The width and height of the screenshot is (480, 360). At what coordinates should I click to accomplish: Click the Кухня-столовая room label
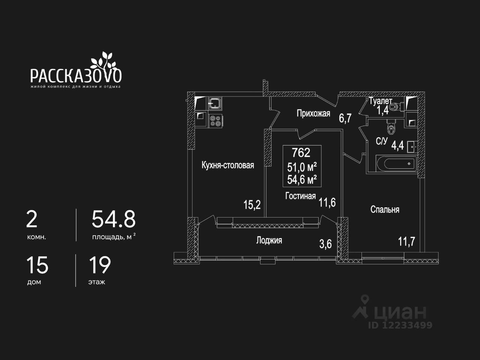pyautogui.click(x=228, y=165)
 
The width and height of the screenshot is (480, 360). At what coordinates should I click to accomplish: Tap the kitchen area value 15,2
pyautogui.click(x=252, y=205)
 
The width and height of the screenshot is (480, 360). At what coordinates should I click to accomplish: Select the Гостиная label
pyautogui.click(x=300, y=196)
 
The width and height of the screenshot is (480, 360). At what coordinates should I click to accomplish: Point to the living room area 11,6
pyautogui.click(x=327, y=203)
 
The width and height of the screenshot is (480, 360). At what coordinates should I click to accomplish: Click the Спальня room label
pyautogui.click(x=385, y=209)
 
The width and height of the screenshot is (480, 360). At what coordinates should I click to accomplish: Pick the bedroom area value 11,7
pyautogui.click(x=406, y=241)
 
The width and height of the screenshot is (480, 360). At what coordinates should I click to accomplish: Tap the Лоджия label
pyautogui.click(x=269, y=240)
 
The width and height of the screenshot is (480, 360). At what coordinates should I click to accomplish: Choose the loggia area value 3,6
pyautogui.click(x=325, y=244)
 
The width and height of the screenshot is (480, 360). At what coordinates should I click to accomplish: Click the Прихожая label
pyautogui.click(x=313, y=113)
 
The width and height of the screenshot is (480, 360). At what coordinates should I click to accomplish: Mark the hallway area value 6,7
pyautogui.click(x=345, y=118)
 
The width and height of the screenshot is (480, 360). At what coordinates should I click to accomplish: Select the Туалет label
pyautogui.click(x=380, y=101)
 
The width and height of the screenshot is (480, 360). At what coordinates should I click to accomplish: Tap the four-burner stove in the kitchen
pyautogui.click(x=216, y=120)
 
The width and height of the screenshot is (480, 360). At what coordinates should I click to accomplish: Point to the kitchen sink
pyautogui.click(x=216, y=103)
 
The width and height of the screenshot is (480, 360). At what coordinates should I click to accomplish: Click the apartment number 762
pyautogui.click(x=301, y=153)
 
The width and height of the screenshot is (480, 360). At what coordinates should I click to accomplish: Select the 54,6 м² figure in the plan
pyautogui.click(x=302, y=180)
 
